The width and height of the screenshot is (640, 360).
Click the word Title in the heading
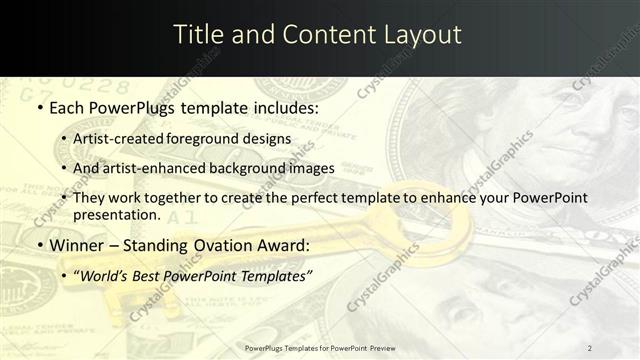click(x=199, y=34)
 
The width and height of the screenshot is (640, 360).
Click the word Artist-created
click(x=117, y=138)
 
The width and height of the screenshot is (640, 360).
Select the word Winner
click(x=77, y=245)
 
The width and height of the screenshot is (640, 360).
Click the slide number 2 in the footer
click(x=589, y=347)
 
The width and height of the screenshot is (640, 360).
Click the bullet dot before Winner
click(x=39, y=245)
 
